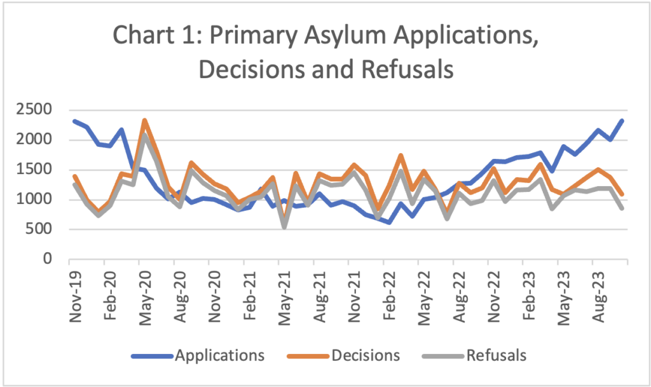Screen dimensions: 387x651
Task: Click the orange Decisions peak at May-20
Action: [145, 120]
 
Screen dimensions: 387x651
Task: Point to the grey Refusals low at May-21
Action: [284, 226]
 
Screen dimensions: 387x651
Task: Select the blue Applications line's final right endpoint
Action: [622, 121]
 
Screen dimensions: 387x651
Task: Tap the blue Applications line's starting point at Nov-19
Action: [75, 121]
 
